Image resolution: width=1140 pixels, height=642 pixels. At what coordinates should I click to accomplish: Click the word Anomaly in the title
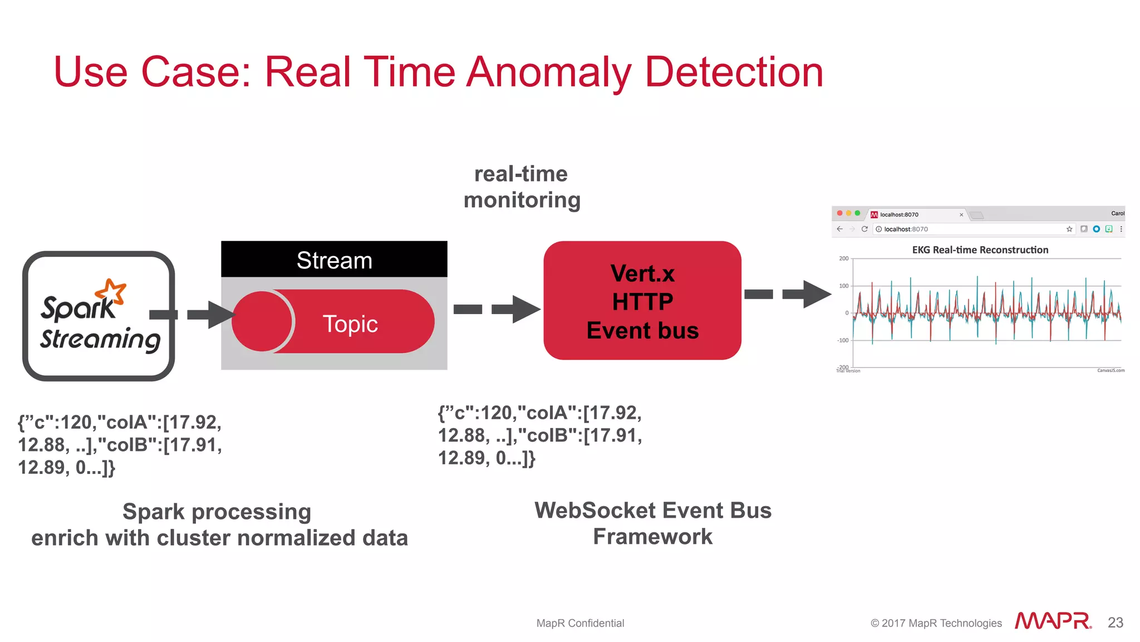[548, 72]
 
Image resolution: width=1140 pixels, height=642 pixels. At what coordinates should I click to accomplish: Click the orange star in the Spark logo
[111, 291]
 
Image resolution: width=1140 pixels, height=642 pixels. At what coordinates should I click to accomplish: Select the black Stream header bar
[334, 259]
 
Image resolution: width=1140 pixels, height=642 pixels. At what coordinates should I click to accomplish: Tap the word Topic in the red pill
[350, 324]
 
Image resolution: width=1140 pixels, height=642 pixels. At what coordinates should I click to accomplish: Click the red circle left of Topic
[262, 321]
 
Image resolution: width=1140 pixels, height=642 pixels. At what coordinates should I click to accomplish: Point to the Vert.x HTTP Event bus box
[642, 301]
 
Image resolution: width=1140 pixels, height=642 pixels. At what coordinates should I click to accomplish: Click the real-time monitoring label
[522, 187]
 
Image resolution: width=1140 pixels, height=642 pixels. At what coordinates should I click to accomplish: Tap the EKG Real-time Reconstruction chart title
[980, 250]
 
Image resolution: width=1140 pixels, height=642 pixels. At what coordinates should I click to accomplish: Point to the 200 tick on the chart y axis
[844, 258]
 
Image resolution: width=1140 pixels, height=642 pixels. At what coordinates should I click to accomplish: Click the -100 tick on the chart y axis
[843, 340]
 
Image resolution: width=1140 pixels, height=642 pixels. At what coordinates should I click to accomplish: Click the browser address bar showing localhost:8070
[969, 229]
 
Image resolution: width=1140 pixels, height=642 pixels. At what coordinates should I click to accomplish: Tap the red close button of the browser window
[839, 213]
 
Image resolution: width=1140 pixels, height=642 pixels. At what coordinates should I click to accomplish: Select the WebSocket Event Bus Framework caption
[652, 523]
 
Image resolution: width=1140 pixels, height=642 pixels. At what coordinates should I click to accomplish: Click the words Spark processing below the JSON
[217, 512]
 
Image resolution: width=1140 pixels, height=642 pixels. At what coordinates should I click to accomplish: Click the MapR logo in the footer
[1053, 621]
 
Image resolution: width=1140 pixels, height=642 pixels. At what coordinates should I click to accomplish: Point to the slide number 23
[1115, 623]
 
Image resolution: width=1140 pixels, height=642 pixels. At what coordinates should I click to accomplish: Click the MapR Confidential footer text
[580, 623]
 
